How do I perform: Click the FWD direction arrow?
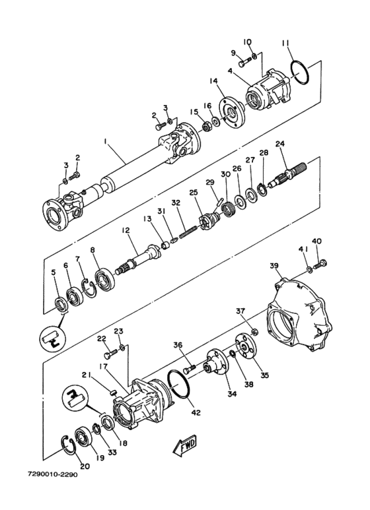184,445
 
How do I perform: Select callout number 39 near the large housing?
274,266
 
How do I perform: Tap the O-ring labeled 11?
300,73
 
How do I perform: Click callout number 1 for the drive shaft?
105,141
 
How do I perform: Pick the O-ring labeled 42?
178,384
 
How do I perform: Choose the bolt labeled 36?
190,369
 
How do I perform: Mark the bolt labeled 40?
320,263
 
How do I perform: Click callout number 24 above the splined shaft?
279,143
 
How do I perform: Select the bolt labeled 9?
246,61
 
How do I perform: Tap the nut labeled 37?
255,332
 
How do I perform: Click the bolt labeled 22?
111,352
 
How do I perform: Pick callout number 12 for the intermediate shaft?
126,231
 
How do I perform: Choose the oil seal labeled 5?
61,304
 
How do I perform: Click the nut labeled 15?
206,125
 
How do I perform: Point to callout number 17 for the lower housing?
103,367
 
